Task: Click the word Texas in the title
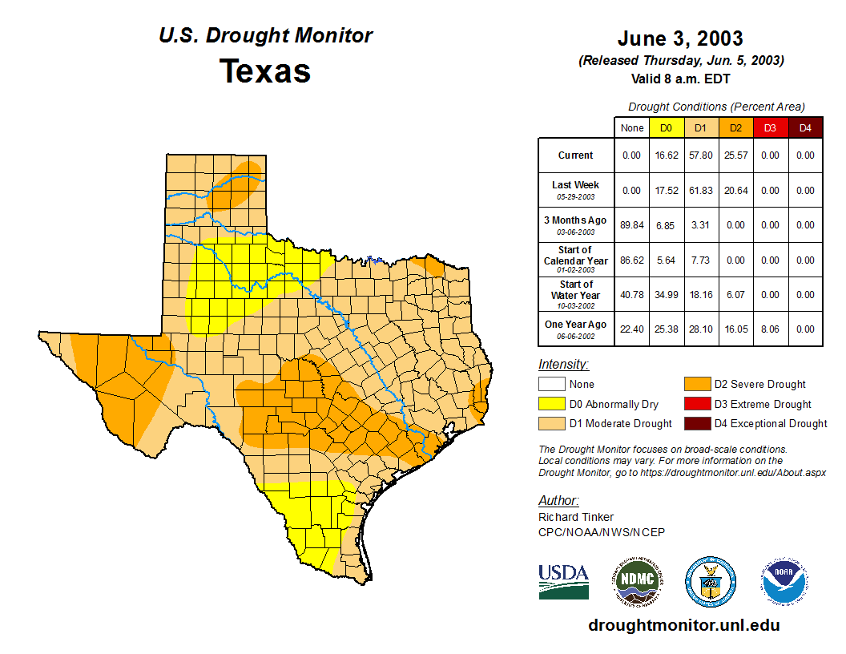265,71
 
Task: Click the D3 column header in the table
770,127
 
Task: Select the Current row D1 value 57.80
700,155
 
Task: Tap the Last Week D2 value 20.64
735,191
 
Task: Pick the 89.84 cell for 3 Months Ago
631,225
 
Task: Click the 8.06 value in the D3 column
770,329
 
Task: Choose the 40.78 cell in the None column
631,295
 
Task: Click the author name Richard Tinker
576,517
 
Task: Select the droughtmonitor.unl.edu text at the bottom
683,625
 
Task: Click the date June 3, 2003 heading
680,38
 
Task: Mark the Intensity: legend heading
563,365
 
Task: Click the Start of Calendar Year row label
575,260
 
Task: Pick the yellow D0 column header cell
666,127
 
